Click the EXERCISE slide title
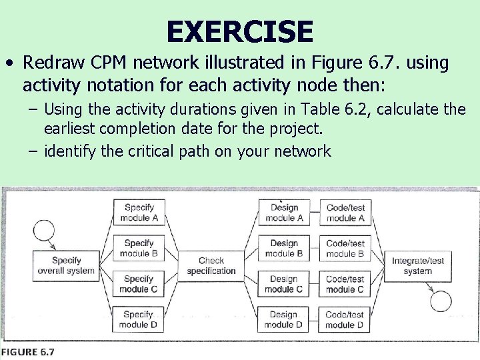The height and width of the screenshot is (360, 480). point(239,31)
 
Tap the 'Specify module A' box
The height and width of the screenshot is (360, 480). point(139,213)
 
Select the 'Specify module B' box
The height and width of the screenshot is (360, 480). point(139,248)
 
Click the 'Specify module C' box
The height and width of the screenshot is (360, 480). point(139,284)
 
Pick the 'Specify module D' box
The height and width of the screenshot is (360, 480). point(139,319)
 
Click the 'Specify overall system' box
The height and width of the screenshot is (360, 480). point(66,265)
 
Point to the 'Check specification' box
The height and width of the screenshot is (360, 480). point(211,265)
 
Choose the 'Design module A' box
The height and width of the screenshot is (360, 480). point(284,213)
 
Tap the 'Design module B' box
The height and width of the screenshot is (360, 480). point(284,248)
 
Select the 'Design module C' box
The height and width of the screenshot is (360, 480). point(284,284)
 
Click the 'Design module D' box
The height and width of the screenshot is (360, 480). point(284,319)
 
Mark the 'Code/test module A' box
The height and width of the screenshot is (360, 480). point(345,213)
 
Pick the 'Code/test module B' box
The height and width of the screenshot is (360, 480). point(345,248)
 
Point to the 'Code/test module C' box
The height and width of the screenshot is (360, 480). point(345,284)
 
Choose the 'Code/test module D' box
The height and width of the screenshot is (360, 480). point(345,319)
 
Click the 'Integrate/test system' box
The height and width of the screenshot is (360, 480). point(418,265)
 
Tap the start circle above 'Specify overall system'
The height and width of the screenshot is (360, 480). point(43,231)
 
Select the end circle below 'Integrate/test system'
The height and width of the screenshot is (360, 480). point(441,301)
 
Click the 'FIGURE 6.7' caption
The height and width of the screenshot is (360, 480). point(28,351)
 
